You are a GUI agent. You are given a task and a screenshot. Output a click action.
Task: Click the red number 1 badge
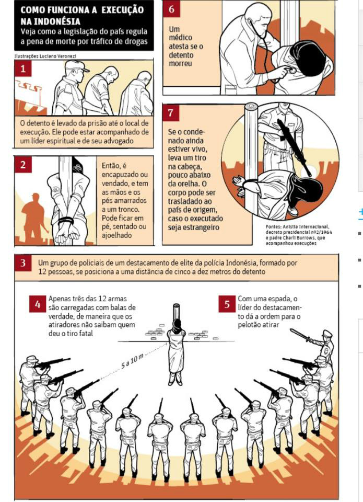(23, 69)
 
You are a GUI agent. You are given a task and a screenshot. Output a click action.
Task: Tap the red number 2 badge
(23, 165)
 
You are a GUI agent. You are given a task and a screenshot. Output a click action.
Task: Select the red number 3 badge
(23, 263)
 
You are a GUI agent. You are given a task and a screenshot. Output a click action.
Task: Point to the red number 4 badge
(38, 304)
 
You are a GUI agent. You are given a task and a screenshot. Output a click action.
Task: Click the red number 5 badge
(227, 304)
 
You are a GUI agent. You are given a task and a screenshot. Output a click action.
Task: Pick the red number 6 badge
(172, 9)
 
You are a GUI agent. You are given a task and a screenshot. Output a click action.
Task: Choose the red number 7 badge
(170, 113)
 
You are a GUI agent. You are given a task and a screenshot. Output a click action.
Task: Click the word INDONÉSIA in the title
(51, 21)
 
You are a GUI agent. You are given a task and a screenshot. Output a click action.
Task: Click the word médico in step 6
(180, 38)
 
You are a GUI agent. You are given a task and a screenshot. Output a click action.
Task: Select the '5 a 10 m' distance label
(132, 361)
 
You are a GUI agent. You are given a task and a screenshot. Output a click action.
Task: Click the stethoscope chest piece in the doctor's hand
(289, 69)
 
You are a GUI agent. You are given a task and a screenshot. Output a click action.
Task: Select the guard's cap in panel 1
(77, 66)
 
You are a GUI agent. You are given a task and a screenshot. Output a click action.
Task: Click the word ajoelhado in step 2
(117, 235)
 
